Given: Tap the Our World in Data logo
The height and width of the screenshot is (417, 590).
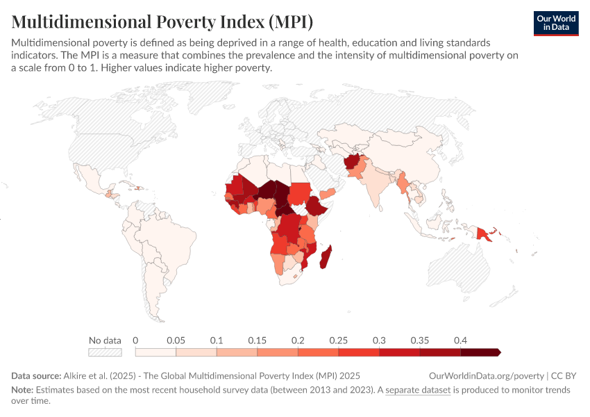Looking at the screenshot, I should [x=555, y=23].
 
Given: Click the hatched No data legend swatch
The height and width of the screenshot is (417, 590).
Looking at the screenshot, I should [x=105, y=352].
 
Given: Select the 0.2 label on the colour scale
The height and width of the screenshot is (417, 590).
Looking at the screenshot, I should [x=298, y=341].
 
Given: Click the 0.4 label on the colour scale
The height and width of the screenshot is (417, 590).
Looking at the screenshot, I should [x=460, y=341].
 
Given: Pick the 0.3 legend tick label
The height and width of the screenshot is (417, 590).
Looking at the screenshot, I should [x=379, y=341].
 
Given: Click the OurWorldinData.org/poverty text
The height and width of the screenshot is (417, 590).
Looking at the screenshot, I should [x=486, y=375].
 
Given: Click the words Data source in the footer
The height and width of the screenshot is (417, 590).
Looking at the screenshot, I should [x=36, y=375].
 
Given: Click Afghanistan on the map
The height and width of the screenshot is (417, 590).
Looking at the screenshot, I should [x=353, y=165].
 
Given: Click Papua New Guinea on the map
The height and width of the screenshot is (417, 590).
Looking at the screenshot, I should [x=485, y=234].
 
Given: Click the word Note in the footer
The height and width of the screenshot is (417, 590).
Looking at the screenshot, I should [x=22, y=390].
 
